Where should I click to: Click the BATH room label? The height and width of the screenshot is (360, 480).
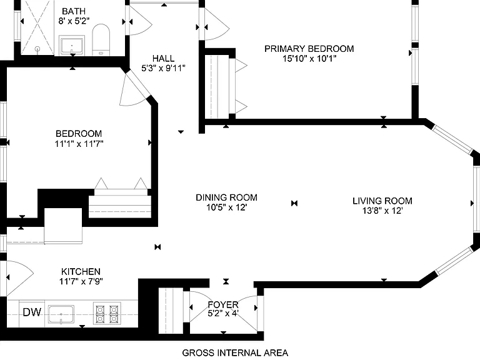tap(74, 11)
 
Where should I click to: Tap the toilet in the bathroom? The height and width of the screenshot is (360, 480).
tap(101, 40)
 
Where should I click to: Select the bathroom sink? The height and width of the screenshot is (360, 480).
tap(72, 46)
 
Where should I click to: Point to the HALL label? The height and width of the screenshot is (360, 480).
tap(164, 58)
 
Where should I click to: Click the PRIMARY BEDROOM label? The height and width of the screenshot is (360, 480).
tap(309, 49)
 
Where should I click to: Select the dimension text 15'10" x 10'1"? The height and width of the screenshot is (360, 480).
tap(309, 59)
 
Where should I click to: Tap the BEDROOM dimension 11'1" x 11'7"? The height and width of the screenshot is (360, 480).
tap(79, 144)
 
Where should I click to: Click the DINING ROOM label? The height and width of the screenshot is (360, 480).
tap(226, 197)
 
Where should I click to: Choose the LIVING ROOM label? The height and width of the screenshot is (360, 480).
tap(382, 201)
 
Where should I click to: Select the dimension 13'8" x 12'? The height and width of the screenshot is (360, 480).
tap(382, 211)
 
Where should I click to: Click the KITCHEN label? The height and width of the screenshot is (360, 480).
tap(81, 271)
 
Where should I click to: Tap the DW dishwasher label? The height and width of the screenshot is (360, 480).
tap(32, 312)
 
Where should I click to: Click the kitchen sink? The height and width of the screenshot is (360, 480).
tap(61, 314)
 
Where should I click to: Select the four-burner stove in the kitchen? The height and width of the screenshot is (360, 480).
tap(107, 314)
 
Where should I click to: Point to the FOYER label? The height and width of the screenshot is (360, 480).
tap(223, 304)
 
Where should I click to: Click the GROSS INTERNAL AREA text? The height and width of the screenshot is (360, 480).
tap(235, 352)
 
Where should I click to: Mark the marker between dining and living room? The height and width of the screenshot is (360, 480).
tap(294, 203)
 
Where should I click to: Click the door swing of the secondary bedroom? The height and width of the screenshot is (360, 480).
tap(135, 88)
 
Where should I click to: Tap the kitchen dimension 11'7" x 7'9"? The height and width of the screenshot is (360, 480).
tap(81, 281)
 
